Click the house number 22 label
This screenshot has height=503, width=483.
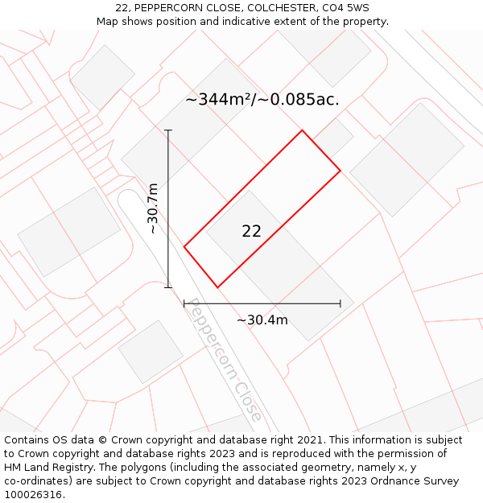pyautogui.click(x=251, y=232)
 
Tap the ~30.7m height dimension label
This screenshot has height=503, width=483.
pyautogui.click(x=153, y=208)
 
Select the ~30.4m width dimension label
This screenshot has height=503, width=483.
pyautogui.click(x=262, y=320)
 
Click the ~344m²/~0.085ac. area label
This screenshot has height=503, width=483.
pyautogui.click(x=262, y=100)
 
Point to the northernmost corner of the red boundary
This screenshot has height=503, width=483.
pyautogui.click(x=302, y=130)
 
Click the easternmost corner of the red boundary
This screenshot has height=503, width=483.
pyautogui.click(x=341, y=171)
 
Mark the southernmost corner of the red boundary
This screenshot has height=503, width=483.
pyautogui.click(x=217, y=287)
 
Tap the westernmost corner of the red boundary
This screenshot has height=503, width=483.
pyautogui.click(x=184, y=247)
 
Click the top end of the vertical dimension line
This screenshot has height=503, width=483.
pyautogui.click(x=168, y=130)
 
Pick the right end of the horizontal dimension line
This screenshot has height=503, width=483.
pyautogui.click(x=341, y=303)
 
